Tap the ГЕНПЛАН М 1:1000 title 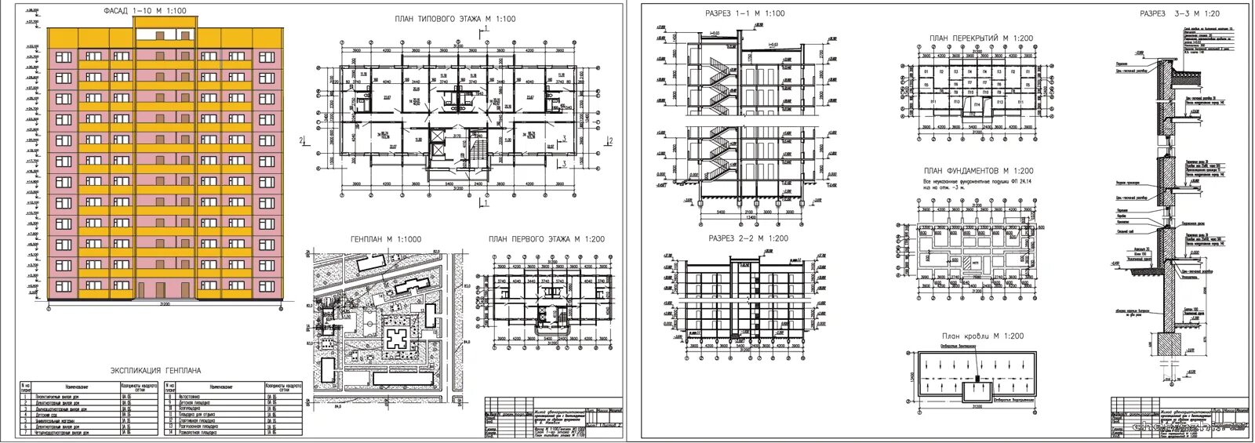pos(384,240)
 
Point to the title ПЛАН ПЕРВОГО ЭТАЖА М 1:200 pos(546,240)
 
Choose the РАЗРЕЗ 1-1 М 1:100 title pos(745,13)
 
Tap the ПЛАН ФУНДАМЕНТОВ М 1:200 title pos(978,171)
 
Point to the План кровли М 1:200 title pos(982,336)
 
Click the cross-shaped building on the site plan pos(397,340)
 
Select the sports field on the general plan pos(365,321)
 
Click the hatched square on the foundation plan pos(969,263)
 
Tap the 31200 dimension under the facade pos(165,303)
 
